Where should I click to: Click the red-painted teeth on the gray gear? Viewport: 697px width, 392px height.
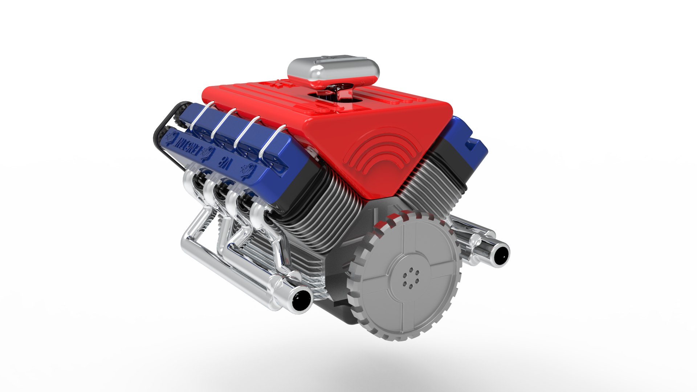point(388,221)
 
